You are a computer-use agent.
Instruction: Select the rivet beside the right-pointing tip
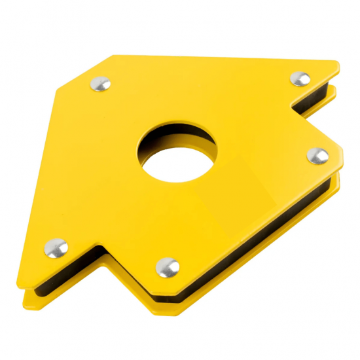317,155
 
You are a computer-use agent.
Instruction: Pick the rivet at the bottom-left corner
56,247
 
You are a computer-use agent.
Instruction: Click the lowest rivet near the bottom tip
168,267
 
